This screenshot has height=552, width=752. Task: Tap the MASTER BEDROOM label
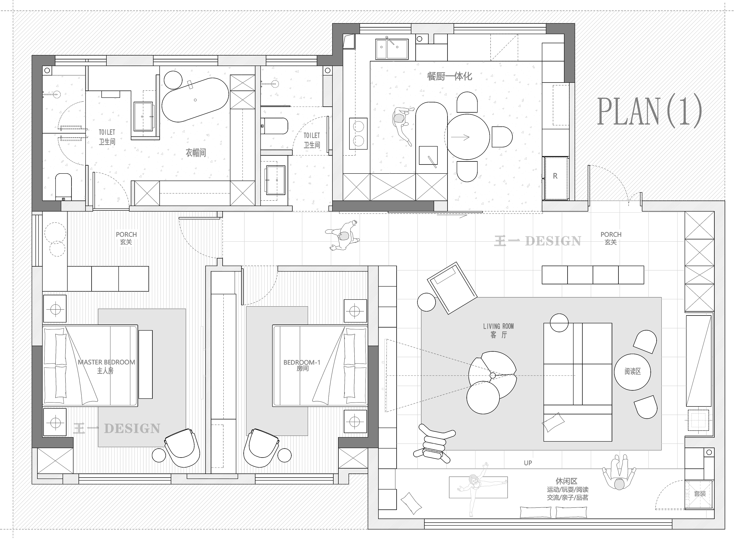[106, 362]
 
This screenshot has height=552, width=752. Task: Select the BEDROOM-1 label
[302, 362]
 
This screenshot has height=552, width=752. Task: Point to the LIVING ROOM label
[498, 326]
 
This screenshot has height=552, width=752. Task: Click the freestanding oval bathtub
[195, 100]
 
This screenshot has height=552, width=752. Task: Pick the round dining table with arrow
[468, 137]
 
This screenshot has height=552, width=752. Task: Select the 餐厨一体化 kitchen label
[449, 77]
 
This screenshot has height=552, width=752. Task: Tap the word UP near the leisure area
[528, 463]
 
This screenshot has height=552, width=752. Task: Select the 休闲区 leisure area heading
[566, 481]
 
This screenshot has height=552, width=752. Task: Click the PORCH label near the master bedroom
[126, 235]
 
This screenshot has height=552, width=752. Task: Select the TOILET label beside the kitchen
[312, 135]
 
